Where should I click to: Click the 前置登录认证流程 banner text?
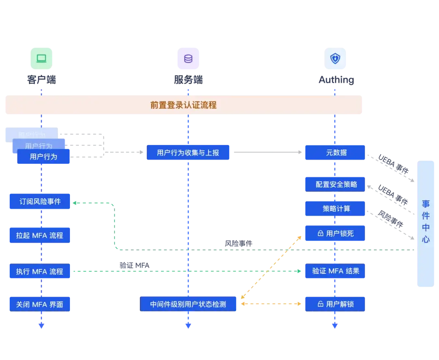coord(183,105)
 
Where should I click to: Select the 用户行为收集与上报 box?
coord(188,153)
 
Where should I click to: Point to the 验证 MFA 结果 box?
coord(335,271)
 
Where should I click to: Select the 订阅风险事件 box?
coord(40,202)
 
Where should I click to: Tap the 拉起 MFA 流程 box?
coord(39,235)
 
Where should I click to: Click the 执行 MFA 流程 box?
coord(39,271)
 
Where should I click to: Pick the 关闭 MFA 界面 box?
coord(39,304)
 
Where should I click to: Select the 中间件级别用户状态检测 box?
coord(188,304)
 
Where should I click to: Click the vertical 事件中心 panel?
coord(426,223)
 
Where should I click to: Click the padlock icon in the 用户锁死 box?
coord(320,234)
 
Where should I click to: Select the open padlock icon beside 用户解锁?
coord(320,304)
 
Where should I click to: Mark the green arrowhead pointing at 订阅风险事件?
coord(75,202)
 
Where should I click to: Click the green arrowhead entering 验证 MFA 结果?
coord(299,271)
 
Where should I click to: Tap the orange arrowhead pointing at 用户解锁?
coord(299,304)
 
